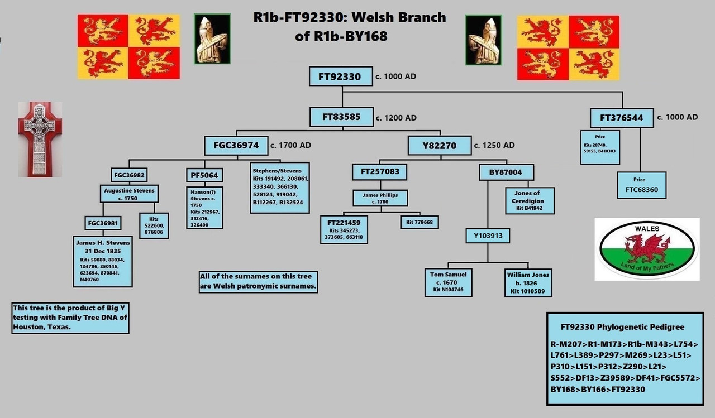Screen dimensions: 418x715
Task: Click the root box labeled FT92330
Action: (x=340, y=76)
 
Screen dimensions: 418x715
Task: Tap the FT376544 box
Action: (x=621, y=118)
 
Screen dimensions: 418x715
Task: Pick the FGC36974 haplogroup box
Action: (x=236, y=145)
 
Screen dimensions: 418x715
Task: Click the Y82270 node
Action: (x=439, y=146)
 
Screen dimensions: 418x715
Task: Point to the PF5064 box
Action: (x=204, y=175)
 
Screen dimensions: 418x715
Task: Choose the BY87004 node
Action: (x=506, y=172)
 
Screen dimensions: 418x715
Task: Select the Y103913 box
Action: (x=488, y=236)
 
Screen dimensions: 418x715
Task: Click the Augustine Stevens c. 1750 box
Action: (x=129, y=194)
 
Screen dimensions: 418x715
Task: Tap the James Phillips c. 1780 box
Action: (x=380, y=198)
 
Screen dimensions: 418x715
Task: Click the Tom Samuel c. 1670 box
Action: (x=449, y=282)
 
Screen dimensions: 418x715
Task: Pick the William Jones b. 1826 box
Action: (x=528, y=282)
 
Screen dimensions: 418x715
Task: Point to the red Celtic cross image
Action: (x=40, y=139)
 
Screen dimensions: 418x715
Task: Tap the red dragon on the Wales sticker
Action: (x=648, y=247)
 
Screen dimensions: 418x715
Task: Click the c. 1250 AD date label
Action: (x=494, y=145)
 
